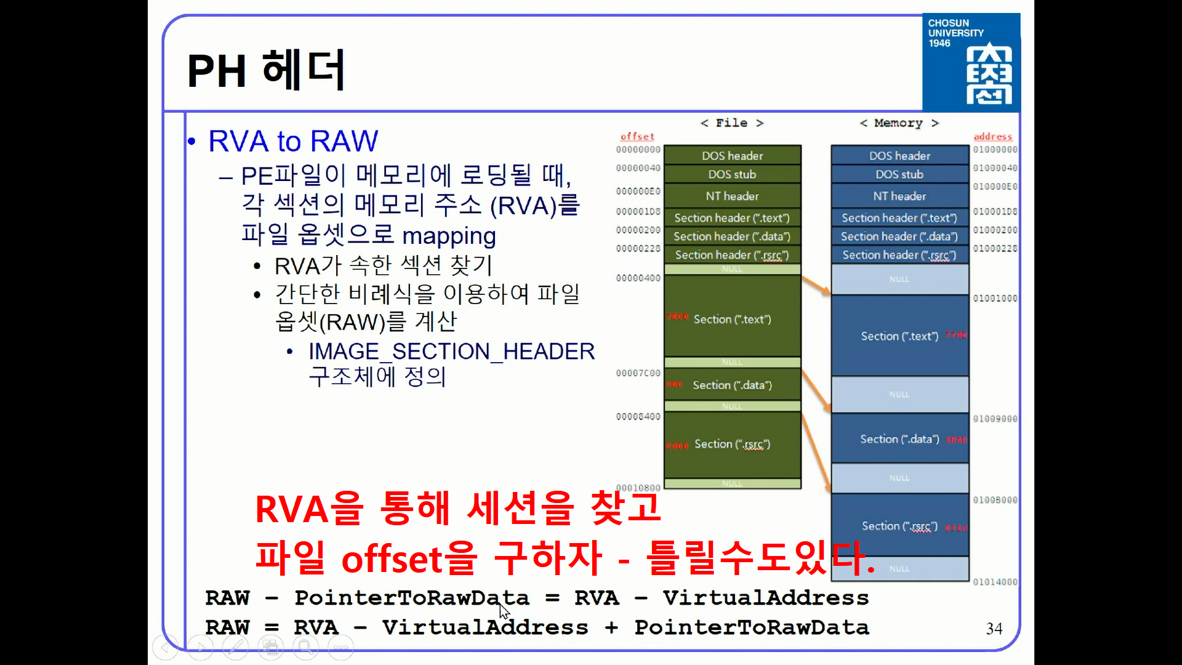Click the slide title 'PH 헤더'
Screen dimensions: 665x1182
(266, 70)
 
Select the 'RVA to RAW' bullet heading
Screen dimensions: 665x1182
(293, 141)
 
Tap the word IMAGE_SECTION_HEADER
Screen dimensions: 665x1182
(451, 352)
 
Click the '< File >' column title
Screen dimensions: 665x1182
(732, 123)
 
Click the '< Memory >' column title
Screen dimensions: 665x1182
(899, 123)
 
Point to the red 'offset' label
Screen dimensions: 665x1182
(637, 137)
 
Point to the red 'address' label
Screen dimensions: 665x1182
(992, 137)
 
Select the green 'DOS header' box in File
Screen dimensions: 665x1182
(732, 156)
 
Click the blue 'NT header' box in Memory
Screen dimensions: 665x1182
(899, 196)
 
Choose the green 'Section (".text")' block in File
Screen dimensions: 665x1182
(732, 319)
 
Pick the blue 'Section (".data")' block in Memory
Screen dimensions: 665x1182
(899, 439)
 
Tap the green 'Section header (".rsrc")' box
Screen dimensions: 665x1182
(732, 255)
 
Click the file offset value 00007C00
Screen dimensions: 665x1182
(638, 373)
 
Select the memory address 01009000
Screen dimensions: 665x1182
(995, 419)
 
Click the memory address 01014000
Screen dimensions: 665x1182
(995, 582)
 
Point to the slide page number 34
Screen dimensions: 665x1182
(994, 629)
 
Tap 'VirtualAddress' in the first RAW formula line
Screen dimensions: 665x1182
(765, 598)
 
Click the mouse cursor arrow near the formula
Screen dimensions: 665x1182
(504, 611)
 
